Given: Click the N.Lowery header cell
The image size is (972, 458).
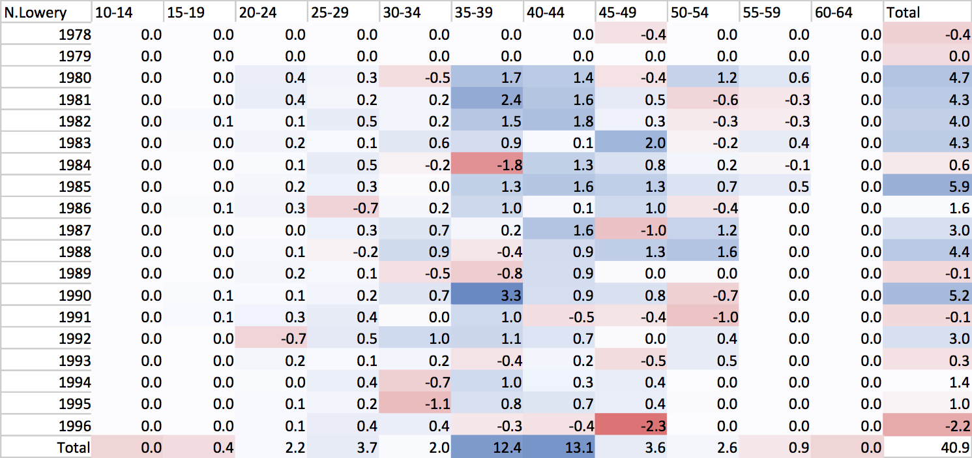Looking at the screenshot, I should tap(36, 12).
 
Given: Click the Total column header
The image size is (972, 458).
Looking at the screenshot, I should tap(902, 12).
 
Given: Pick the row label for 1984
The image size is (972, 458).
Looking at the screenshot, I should tap(74, 165).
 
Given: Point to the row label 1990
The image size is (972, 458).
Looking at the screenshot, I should tap(74, 296).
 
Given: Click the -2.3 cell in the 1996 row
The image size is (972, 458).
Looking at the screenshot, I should tap(653, 426).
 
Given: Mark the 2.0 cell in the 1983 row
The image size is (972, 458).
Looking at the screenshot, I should tap(655, 143).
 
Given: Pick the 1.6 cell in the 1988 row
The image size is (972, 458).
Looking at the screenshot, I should tap(727, 252).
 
